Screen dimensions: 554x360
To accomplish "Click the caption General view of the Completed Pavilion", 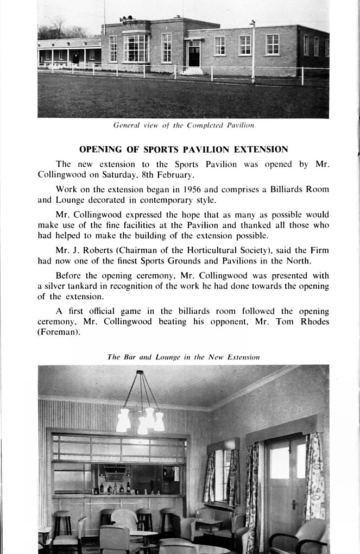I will coord(184,125).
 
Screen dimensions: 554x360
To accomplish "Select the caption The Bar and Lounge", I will coord(184,357).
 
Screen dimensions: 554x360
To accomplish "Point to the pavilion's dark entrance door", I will coord(194,55).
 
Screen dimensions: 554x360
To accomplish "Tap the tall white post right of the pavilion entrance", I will coord(253,51).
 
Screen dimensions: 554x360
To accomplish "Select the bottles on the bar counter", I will coord(113,487).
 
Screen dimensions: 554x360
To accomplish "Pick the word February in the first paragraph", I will coord(175,174).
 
